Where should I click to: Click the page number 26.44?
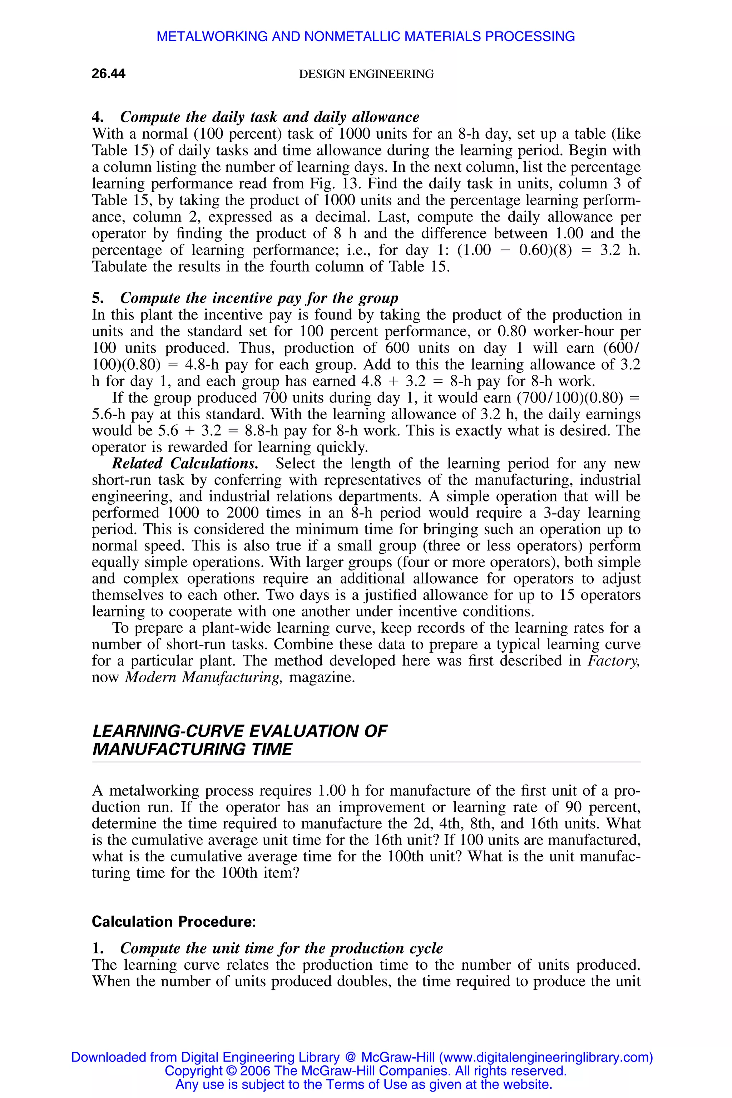108,74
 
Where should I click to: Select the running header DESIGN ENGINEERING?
366,74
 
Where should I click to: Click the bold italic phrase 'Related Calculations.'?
185,464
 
